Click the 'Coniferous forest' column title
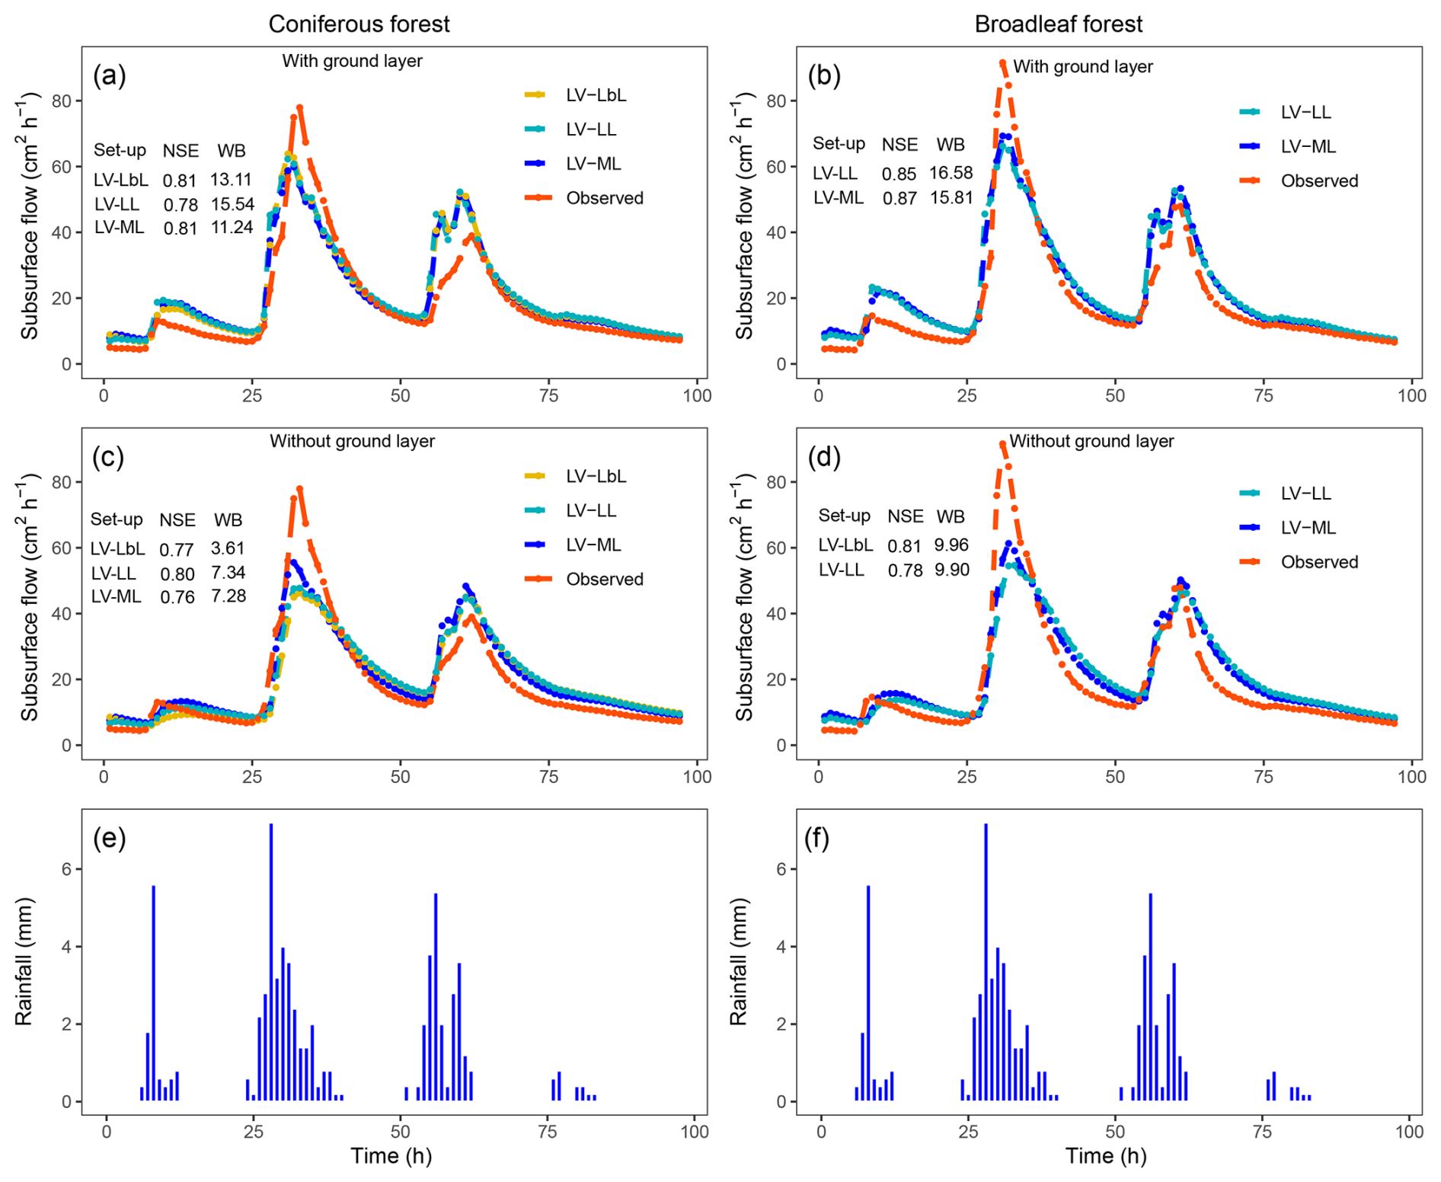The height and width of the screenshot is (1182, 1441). [359, 24]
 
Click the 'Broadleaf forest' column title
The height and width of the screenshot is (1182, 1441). [1058, 24]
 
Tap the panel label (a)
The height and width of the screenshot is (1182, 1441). [109, 75]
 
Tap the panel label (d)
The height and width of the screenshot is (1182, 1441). [824, 457]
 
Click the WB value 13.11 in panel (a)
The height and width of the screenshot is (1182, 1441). [231, 180]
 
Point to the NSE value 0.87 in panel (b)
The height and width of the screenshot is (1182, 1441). [899, 199]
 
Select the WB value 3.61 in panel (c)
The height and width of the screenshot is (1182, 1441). [228, 548]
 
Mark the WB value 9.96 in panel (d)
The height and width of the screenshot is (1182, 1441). [951, 545]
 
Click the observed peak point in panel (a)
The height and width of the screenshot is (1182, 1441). [300, 108]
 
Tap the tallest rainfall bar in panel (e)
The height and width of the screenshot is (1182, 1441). [271, 961]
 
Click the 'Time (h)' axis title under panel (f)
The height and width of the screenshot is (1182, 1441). [1105, 1155]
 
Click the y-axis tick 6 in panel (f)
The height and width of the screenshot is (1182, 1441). [782, 869]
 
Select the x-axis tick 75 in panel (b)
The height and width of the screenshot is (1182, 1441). [1263, 395]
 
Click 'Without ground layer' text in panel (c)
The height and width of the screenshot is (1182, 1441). [352, 441]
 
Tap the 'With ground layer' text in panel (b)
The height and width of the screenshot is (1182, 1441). [1082, 67]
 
